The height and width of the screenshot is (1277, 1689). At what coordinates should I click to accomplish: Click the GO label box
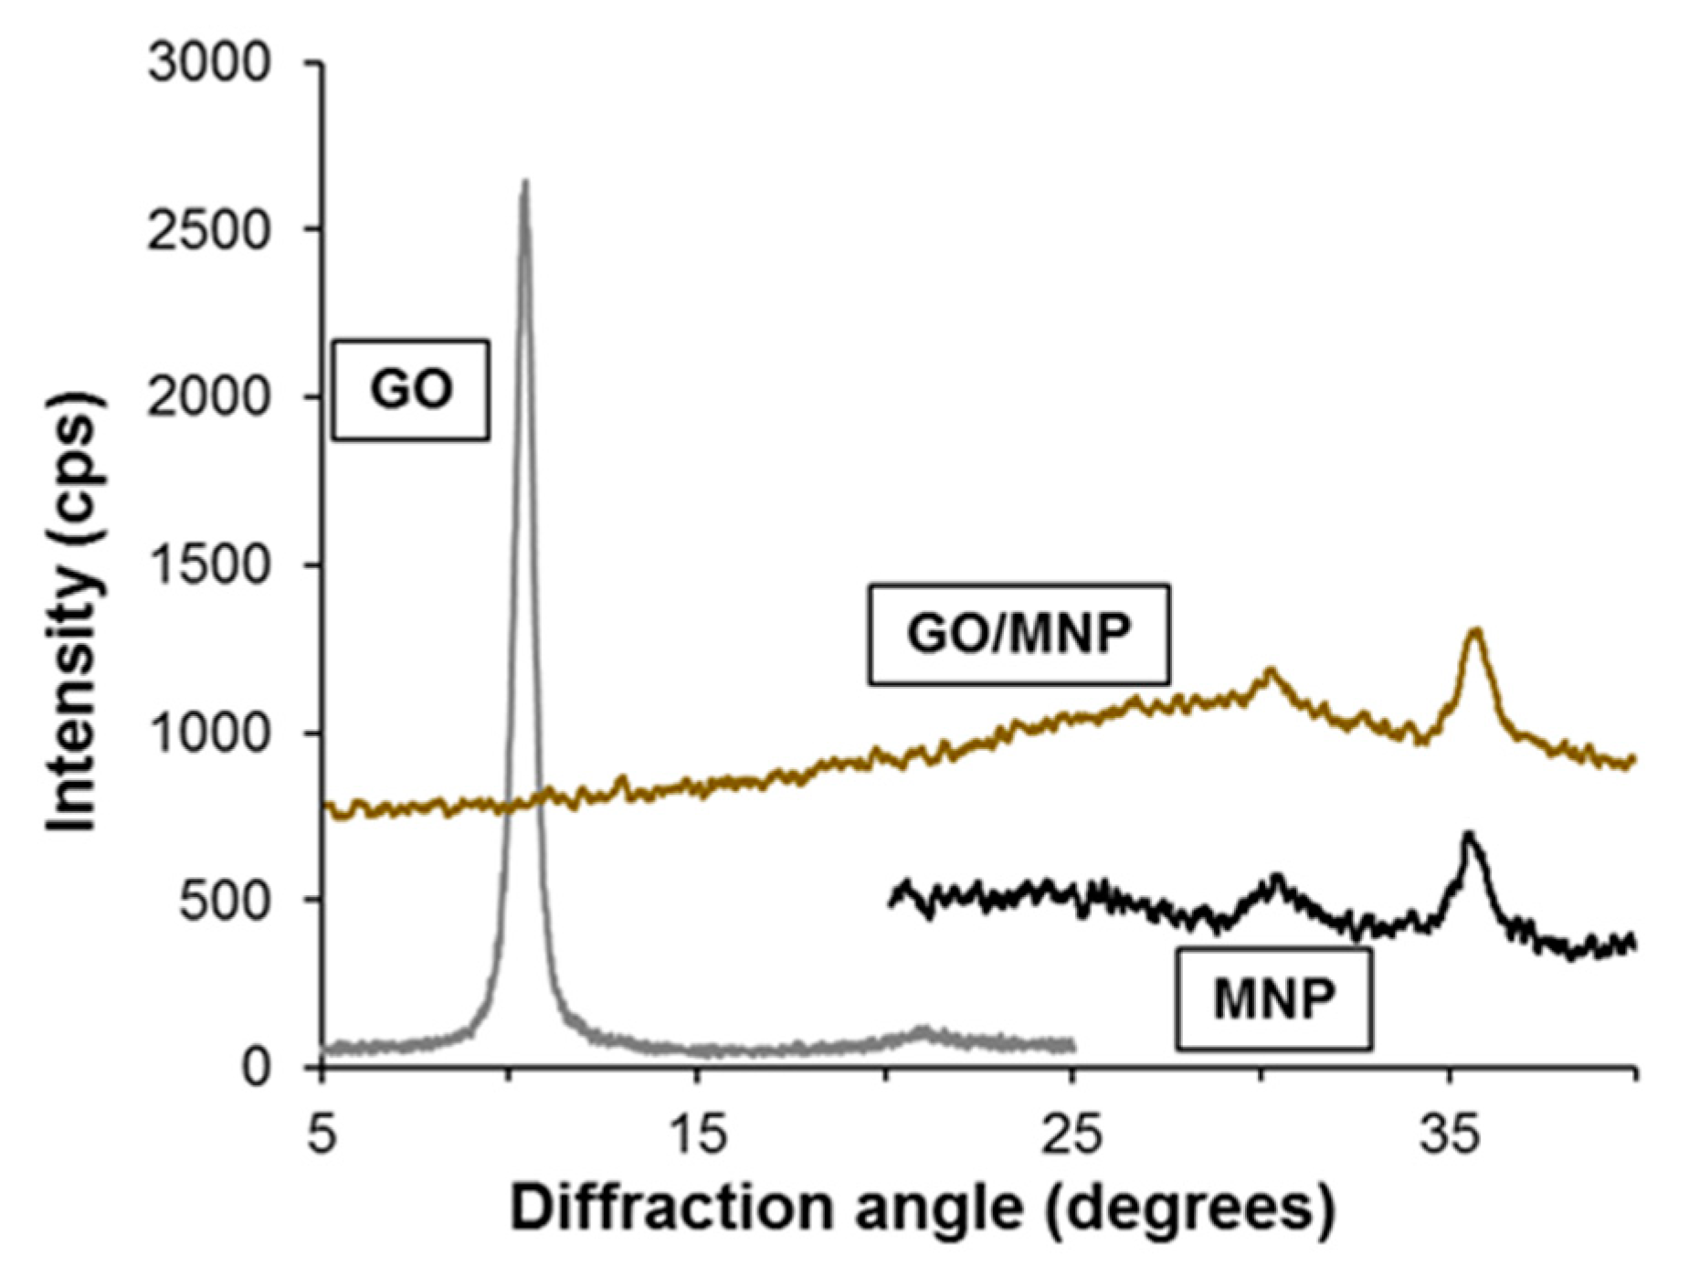(x=410, y=390)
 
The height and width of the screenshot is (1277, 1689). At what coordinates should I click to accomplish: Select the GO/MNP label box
(x=1018, y=633)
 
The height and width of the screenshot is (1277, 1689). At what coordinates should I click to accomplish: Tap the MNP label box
(x=1273, y=998)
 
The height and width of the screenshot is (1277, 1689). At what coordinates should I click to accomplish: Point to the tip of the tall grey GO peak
(x=524, y=182)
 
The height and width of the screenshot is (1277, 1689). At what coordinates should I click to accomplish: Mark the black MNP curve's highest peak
(x=1467, y=834)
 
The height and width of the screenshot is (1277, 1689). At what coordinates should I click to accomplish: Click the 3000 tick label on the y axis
(x=210, y=64)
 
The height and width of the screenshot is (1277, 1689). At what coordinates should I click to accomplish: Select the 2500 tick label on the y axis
(x=210, y=230)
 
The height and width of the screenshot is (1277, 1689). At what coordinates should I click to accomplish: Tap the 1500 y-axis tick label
(x=210, y=565)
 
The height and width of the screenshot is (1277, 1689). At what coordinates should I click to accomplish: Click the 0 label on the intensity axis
(x=257, y=1068)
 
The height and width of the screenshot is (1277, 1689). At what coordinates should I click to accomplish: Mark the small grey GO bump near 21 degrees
(x=921, y=1032)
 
